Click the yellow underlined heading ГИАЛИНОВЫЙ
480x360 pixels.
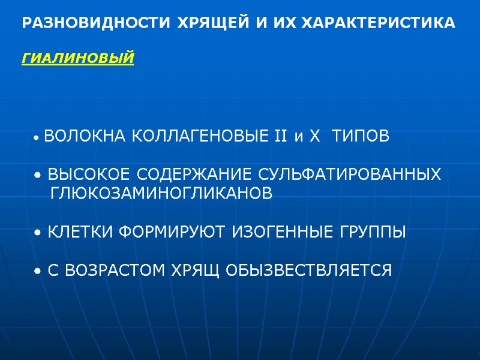point(78,59)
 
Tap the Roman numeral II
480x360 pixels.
point(281,137)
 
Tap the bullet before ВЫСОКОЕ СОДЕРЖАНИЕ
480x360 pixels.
point(38,176)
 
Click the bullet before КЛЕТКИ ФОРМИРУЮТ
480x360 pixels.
point(38,233)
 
